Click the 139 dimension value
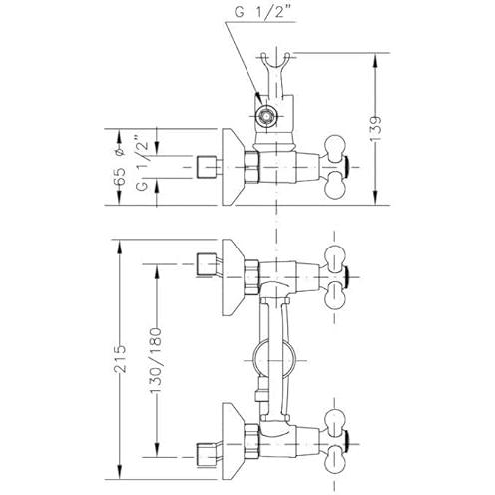(x=376, y=129)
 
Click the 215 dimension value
(x=120, y=359)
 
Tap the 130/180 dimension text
(x=156, y=360)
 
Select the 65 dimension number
(x=120, y=176)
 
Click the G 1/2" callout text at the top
(x=260, y=12)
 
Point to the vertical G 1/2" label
(x=142, y=162)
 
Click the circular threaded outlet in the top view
(x=266, y=116)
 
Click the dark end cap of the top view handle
(x=347, y=167)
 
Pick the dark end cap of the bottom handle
(x=347, y=444)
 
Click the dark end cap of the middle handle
(x=347, y=276)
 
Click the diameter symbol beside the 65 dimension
(x=120, y=152)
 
